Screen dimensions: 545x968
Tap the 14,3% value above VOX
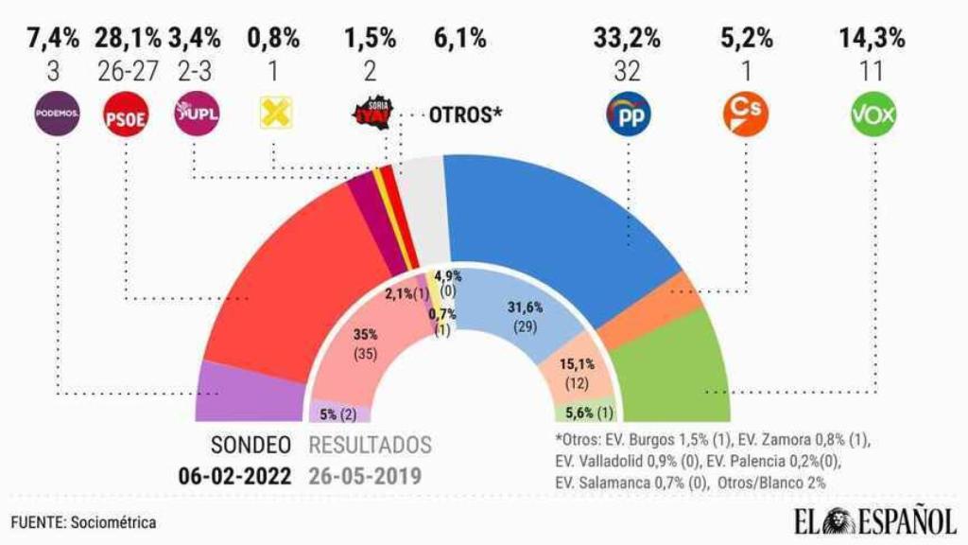coord(873,39)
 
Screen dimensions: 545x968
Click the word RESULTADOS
coord(370,445)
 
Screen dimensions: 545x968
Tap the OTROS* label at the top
coord(465,115)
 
